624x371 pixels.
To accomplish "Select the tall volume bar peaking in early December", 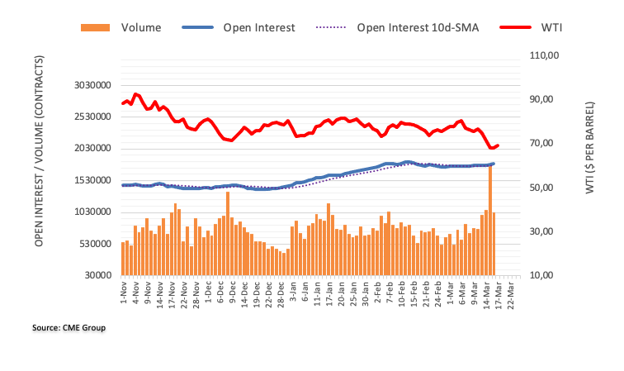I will pos(228,234).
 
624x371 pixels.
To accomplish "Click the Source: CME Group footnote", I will pos(69,328).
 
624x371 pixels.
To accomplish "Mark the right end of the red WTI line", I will pos(498,145).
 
